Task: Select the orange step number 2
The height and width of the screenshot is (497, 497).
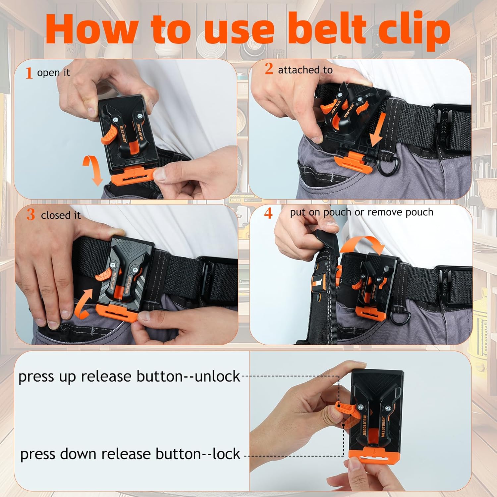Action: [x=269, y=69]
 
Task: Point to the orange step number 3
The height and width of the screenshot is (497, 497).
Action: [x=31, y=215]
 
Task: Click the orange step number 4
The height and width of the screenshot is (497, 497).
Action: [x=268, y=213]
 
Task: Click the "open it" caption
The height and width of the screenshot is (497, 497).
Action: [x=54, y=73]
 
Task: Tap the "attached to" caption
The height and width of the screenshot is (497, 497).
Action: [x=305, y=70]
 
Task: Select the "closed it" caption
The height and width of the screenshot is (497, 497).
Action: [x=61, y=215]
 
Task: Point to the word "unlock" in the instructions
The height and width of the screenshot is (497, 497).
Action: [x=217, y=376]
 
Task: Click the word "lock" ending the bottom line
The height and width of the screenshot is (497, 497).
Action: [x=226, y=454]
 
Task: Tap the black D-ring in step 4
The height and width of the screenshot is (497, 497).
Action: [x=401, y=315]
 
